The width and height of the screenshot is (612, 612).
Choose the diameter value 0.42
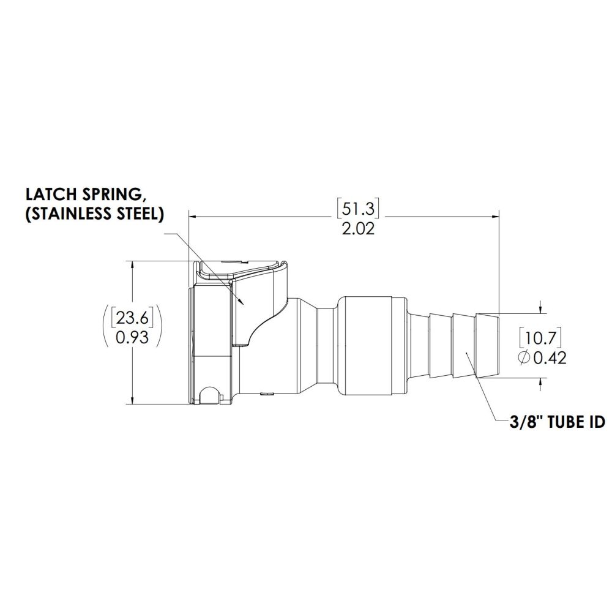pyautogui.click(x=549, y=358)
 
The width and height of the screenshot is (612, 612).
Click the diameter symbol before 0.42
pyautogui.click(x=524, y=358)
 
